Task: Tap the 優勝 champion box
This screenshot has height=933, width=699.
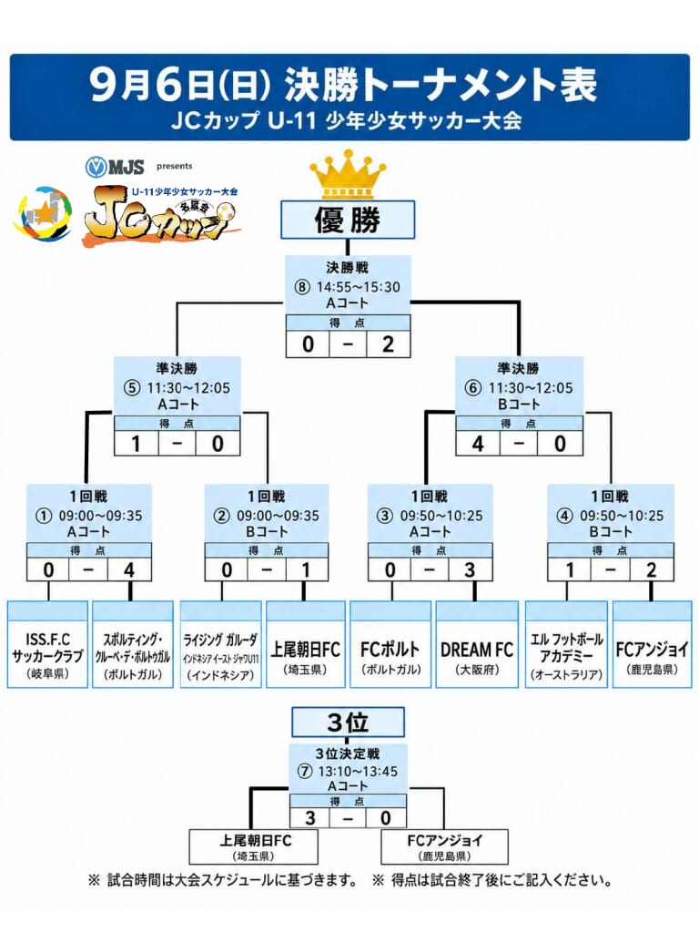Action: click(348, 220)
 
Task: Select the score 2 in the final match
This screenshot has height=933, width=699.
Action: click(388, 343)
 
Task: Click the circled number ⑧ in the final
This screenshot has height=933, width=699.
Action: click(302, 287)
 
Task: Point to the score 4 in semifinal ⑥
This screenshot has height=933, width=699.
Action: click(478, 444)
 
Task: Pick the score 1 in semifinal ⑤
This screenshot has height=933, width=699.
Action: click(137, 444)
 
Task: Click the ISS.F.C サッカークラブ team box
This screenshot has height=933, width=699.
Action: click(47, 644)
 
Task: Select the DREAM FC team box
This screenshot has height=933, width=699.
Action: click(477, 644)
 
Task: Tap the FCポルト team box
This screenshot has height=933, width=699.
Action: click(390, 644)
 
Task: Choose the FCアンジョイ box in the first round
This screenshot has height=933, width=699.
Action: click(652, 644)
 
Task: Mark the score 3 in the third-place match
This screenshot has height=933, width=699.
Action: click(310, 817)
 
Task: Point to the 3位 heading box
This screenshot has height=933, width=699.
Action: click(348, 723)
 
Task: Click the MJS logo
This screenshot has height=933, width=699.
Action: click(115, 167)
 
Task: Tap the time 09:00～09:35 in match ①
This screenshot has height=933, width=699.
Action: click(100, 516)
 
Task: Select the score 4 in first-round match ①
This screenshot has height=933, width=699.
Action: click(129, 570)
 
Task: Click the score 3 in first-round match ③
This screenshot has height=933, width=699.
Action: click(471, 570)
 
